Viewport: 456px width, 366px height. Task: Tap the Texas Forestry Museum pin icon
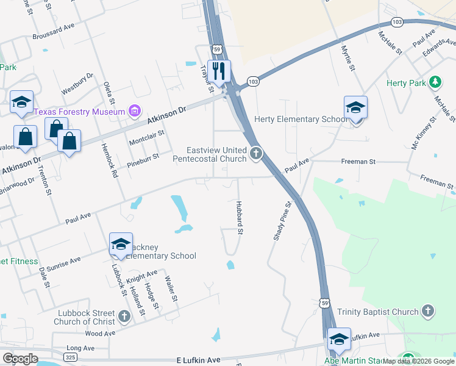135,112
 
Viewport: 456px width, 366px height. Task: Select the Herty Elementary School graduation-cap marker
355,107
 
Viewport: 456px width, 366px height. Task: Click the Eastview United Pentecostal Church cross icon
257,152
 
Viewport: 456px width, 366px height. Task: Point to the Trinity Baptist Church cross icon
428,312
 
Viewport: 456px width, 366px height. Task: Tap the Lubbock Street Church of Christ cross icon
124,316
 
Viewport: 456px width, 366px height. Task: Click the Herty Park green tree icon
435,82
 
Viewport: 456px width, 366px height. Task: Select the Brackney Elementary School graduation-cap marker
121,245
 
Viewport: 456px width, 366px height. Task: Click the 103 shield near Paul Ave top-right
397,22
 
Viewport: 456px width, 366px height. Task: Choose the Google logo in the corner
20,359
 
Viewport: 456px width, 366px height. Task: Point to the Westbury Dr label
77,82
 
